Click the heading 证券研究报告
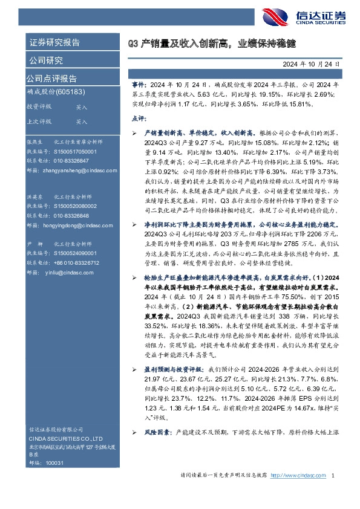pos(54,42)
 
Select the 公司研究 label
pos(45,60)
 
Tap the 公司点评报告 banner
pos(51,78)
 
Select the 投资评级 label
pos(39,106)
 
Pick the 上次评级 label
pos(39,121)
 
